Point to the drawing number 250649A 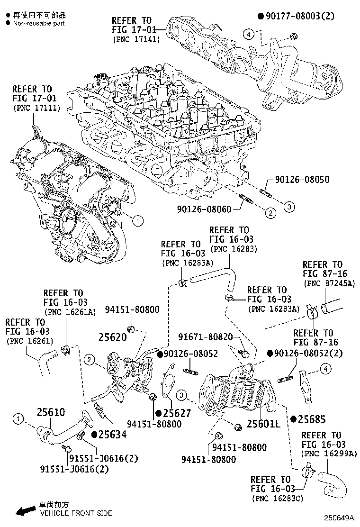(x=340, y=518)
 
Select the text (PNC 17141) (x=136, y=39)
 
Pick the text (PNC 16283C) (x=278, y=498)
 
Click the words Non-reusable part (x=39, y=23)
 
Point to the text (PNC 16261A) (x=70, y=311)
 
